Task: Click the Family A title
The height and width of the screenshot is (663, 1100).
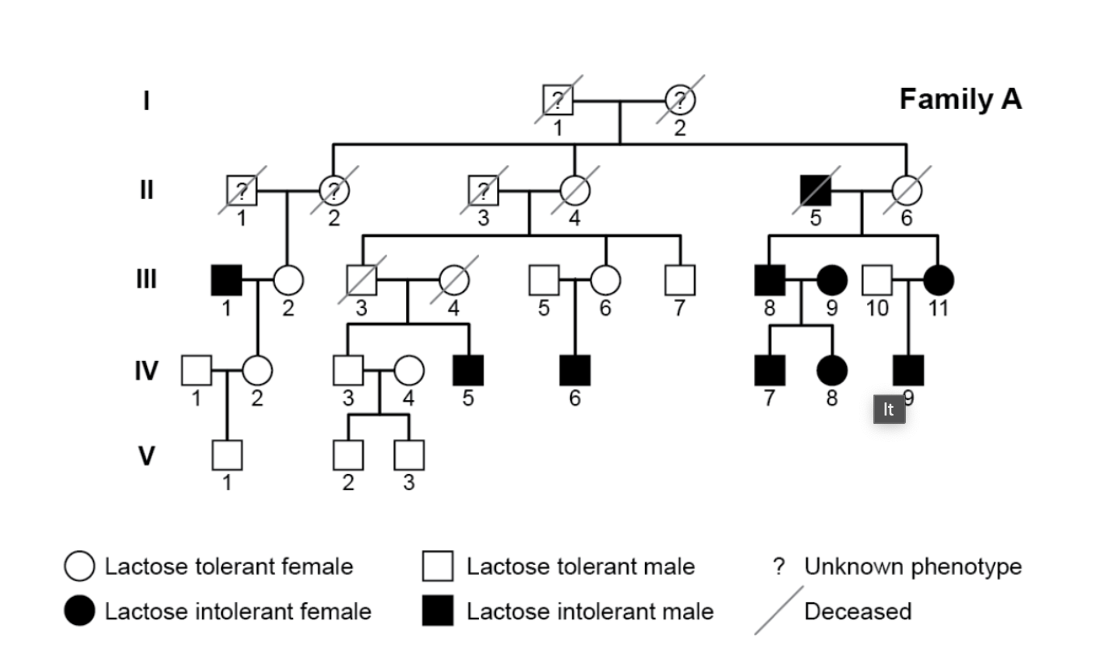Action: pos(960,100)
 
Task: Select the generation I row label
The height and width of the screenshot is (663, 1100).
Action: pos(146,101)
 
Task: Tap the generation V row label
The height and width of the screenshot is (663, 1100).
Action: pos(146,455)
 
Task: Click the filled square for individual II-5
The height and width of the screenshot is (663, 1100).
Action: pos(816,190)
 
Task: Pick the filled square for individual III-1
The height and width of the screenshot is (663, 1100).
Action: pos(227,280)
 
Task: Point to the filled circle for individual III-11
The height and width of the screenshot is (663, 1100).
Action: pos(938,280)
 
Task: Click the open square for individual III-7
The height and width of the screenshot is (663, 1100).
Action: pos(680,280)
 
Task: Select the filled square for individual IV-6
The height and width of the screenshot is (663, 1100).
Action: pos(575,370)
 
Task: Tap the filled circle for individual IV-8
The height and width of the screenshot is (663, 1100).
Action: pos(832,370)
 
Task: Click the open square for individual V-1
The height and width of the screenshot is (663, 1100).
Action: pos(227,455)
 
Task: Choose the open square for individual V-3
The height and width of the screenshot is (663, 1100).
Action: pos(409,455)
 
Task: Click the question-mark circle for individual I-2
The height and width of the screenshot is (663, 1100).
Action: pos(680,100)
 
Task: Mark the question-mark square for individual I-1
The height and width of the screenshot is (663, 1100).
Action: pos(558,100)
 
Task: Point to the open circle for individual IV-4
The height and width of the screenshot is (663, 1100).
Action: pos(409,370)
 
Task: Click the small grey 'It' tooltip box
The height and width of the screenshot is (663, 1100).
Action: pos(889,409)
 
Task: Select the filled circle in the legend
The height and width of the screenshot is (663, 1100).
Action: pos(79,612)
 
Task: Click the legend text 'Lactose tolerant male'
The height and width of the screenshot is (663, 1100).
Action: pos(580,567)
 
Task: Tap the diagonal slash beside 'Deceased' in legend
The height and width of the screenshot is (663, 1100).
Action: pos(778,611)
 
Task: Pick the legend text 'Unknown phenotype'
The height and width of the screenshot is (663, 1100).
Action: pos(912,567)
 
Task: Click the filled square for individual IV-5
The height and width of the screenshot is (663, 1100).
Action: pos(468,370)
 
